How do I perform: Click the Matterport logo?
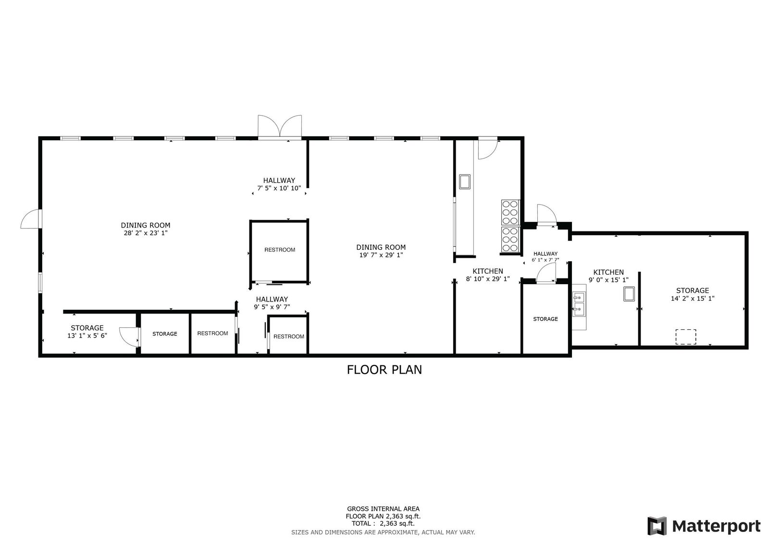[x=704, y=526]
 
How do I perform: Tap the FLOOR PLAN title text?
[x=384, y=370]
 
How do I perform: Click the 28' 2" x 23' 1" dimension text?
[x=146, y=233]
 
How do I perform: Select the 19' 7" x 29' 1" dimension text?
[x=381, y=255]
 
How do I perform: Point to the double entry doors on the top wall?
[x=280, y=127]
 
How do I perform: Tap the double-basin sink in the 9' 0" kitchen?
[x=579, y=304]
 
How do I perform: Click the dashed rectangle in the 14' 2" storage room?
[x=686, y=337]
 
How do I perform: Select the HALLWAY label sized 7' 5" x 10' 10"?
[x=279, y=181]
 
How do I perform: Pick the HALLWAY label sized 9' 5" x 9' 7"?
[x=272, y=300]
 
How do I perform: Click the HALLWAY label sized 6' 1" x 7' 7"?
[x=546, y=254]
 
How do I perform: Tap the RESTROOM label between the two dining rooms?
[x=280, y=250]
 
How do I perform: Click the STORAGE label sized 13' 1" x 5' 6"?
[x=87, y=328]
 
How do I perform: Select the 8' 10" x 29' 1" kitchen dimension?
[x=488, y=279]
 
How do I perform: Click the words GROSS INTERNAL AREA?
[x=383, y=509]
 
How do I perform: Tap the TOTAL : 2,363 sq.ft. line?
[x=383, y=523]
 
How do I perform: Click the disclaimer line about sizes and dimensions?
[x=383, y=532]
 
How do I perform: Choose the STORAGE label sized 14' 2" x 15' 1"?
[x=693, y=290]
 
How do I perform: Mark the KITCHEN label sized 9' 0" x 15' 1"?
[x=608, y=272]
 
